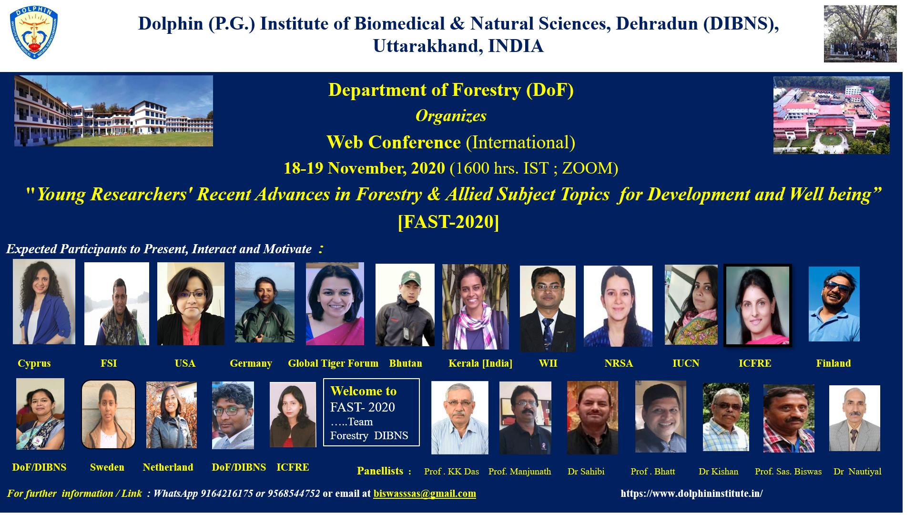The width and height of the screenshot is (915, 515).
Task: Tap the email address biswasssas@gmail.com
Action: point(425,494)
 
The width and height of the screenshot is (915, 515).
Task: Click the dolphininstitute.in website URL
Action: point(691,494)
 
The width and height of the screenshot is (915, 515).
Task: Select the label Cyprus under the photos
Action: point(34,363)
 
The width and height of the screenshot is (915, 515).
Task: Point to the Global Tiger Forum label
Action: point(333,363)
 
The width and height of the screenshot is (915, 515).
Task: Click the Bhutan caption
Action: point(406,363)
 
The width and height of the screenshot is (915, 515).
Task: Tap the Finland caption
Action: point(834,363)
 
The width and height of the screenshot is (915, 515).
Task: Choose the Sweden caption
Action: point(107,467)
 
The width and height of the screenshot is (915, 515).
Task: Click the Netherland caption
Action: point(168,467)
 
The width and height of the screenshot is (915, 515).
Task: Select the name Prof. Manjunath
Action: point(519,472)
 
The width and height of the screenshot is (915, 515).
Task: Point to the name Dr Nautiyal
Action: point(857,472)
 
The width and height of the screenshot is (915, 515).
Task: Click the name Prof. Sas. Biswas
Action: point(788,472)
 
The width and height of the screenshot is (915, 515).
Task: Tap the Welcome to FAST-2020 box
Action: point(371,412)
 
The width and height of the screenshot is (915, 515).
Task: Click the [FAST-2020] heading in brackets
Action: point(448,222)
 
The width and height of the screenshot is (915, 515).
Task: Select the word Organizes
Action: point(451,116)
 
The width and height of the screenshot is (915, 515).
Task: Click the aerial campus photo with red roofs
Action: point(831,115)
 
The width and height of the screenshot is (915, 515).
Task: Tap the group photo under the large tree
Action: point(860,34)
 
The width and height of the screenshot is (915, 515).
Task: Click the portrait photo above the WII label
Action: point(548,309)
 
